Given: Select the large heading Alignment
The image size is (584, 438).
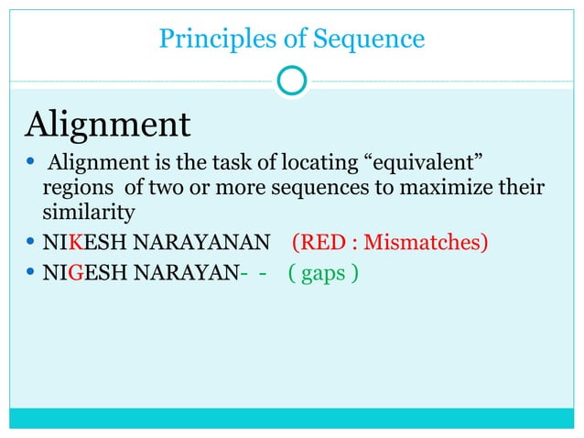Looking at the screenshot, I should (109, 124).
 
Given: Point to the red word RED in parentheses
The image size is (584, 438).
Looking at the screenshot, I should (319, 242).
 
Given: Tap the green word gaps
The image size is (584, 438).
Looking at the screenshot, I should (322, 272).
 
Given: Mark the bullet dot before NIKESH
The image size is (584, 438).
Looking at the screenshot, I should (32, 242).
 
